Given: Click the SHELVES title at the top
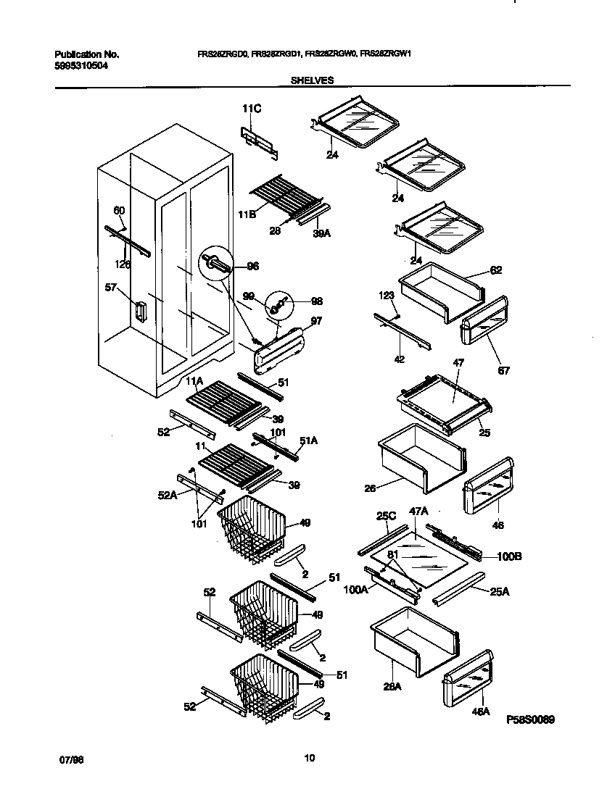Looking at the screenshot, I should [x=312, y=81].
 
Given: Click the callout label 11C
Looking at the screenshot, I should [x=251, y=109].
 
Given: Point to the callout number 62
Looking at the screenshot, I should [x=495, y=270].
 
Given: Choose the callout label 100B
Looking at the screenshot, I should [x=509, y=556].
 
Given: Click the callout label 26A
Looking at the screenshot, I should [x=392, y=688].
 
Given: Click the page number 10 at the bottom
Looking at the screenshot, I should [x=309, y=759].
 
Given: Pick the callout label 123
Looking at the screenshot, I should [x=385, y=296].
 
